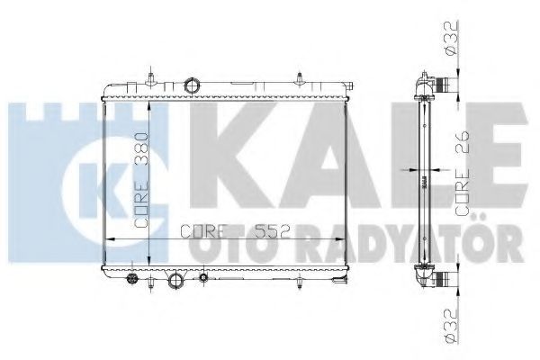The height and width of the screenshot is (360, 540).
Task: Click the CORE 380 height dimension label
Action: tap(141, 180)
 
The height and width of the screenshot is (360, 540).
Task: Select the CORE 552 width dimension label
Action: tap(234, 231)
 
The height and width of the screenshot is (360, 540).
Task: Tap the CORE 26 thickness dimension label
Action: tap(463, 174)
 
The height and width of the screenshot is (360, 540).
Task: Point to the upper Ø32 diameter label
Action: tap(451, 37)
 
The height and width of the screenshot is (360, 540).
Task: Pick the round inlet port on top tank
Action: tap(193, 85)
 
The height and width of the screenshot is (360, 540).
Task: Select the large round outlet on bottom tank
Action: tap(175, 281)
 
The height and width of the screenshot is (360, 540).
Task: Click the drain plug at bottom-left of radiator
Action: tap(132, 278)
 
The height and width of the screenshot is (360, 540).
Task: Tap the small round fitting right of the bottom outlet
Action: tap(203, 277)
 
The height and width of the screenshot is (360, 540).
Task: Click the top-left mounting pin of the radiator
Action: tap(150, 78)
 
